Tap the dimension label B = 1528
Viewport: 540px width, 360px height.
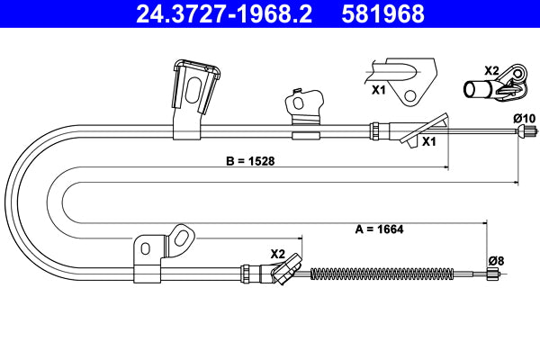[x=249, y=162]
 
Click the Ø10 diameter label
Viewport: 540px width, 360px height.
[x=524, y=118]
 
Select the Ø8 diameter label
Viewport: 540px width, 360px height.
[x=494, y=260]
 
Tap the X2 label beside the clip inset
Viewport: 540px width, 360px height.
[x=491, y=69]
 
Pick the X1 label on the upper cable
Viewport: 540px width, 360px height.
[x=429, y=141]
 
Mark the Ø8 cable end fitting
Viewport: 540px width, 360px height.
[x=491, y=275]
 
